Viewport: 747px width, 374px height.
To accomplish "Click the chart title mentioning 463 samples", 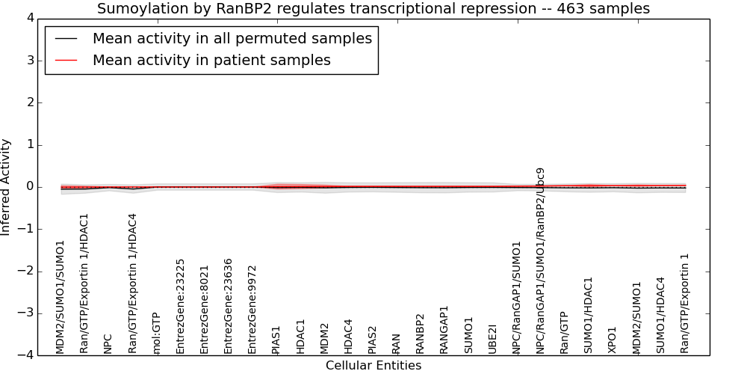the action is [x=373, y=8].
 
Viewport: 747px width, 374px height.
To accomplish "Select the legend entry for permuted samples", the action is [x=232, y=38].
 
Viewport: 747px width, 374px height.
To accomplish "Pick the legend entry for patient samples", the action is [x=211, y=60].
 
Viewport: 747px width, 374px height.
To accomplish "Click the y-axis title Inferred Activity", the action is [x=5, y=187].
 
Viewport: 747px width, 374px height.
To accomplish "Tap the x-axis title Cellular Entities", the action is [x=373, y=366].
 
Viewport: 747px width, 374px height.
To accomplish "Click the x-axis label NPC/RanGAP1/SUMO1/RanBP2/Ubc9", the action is [x=540, y=261].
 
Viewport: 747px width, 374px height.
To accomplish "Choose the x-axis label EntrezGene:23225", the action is [x=180, y=307].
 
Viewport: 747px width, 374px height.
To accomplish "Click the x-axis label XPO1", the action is [x=613, y=340].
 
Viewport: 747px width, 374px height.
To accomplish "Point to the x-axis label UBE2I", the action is [x=492, y=339].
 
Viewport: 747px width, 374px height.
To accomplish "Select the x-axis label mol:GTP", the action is [x=156, y=334].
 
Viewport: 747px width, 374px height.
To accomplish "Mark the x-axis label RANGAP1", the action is [x=444, y=330].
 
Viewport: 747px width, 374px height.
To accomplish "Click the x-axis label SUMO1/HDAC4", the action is [x=660, y=316].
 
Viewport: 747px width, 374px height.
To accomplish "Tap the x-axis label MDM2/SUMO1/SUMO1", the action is [x=60, y=298].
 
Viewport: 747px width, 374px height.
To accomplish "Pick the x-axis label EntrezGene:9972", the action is [x=252, y=310].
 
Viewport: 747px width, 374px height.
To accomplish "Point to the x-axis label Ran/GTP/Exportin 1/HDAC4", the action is [x=132, y=283].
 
